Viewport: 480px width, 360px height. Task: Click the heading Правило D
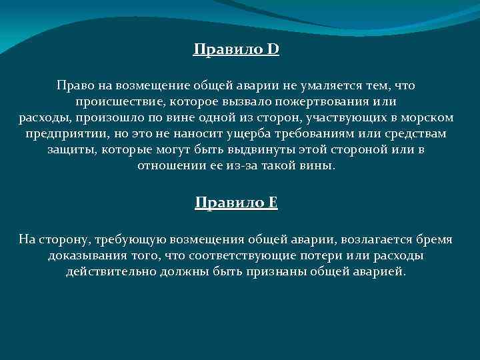(236, 49)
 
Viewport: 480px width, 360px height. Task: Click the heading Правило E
(236, 203)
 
